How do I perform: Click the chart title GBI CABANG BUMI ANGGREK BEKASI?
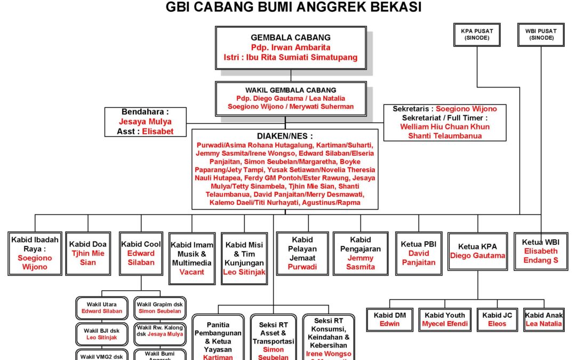coord(294,7)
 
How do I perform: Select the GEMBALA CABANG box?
coord(291,48)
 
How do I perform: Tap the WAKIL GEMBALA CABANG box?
coord(291,99)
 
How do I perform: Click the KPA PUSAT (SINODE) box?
coord(477,35)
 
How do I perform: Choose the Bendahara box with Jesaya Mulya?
coord(146,122)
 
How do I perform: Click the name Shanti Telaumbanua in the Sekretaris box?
coord(445,135)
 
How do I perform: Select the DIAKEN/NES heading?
coord(285,136)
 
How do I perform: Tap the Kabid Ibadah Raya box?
coord(35,253)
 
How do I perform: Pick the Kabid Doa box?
coord(87,253)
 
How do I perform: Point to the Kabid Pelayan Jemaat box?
coord(302,253)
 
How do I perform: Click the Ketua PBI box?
coord(419,253)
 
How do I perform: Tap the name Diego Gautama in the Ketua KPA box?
coord(477,255)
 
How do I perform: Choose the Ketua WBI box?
coord(541,251)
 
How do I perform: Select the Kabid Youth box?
coord(445,319)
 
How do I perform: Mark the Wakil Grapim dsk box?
coord(159,308)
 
